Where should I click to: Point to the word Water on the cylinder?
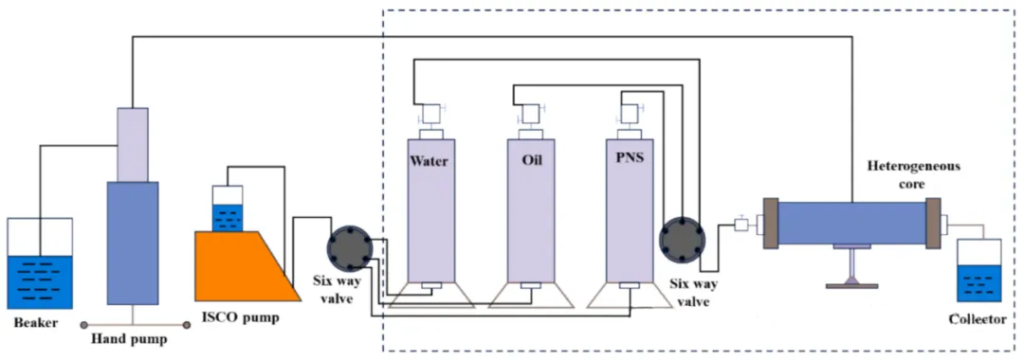point(429,161)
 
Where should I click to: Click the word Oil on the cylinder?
point(531,161)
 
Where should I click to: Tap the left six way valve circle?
point(349,248)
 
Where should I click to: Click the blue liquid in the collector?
point(978,283)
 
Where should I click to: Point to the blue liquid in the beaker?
point(40,282)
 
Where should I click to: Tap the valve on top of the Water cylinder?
point(431,115)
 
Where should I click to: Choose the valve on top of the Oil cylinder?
point(531,115)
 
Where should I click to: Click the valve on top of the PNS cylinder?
point(630,115)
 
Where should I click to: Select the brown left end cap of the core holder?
point(771,223)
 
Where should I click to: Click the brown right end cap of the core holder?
point(933,223)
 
